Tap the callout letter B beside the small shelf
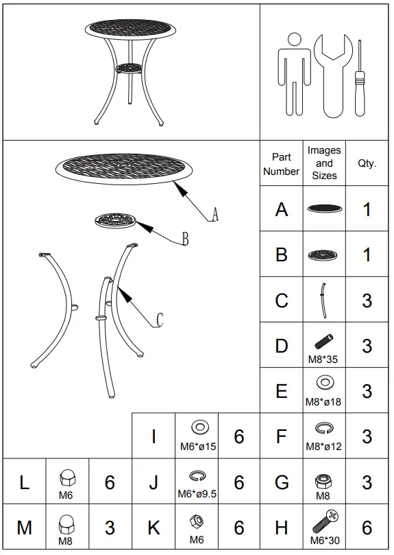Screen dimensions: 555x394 184,239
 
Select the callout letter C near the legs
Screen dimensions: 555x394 160,320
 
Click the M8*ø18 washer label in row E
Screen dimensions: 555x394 324,402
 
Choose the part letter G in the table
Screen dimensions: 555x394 282,482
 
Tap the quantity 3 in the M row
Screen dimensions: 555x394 110,528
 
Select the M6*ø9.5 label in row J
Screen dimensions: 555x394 197,493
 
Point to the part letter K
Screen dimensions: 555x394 153,528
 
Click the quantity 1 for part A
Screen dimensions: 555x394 367,209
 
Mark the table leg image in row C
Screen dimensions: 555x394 323,300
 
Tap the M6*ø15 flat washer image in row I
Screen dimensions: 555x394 198,429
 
